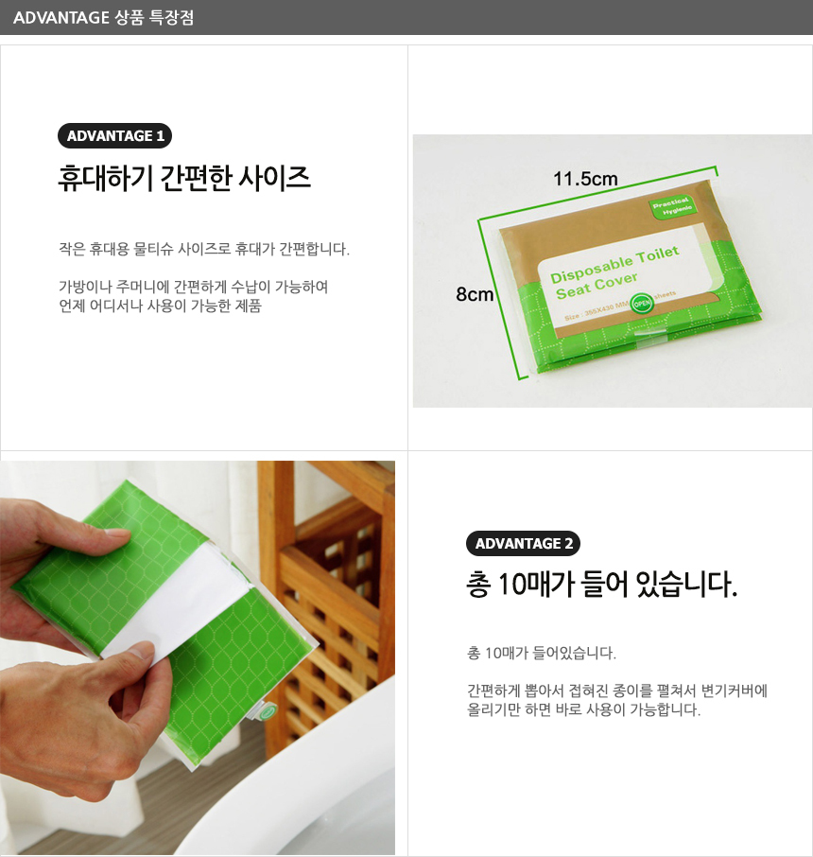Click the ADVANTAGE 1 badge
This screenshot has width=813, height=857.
(114, 135)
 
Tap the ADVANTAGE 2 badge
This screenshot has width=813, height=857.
(523, 543)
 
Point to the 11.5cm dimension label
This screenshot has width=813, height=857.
(585, 179)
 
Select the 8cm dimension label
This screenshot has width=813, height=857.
(475, 294)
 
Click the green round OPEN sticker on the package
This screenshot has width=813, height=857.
(642, 304)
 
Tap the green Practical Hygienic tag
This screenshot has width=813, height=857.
(673, 206)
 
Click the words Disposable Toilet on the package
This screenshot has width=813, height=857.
(614, 264)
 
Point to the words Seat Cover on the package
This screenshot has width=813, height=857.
(597, 286)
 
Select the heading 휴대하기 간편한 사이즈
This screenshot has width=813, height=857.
(184, 178)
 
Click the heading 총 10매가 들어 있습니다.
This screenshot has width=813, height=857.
(601, 584)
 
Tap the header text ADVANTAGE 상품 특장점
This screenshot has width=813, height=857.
(103, 17)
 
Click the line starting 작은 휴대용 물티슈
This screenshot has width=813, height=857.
(204, 249)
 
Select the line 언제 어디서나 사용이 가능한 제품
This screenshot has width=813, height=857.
(160, 306)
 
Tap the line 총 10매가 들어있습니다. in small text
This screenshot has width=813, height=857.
(542, 653)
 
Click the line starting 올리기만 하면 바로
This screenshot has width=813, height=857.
(583, 710)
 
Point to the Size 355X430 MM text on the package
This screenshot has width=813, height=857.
(596, 310)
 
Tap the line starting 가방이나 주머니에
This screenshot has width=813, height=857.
(194, 287)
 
